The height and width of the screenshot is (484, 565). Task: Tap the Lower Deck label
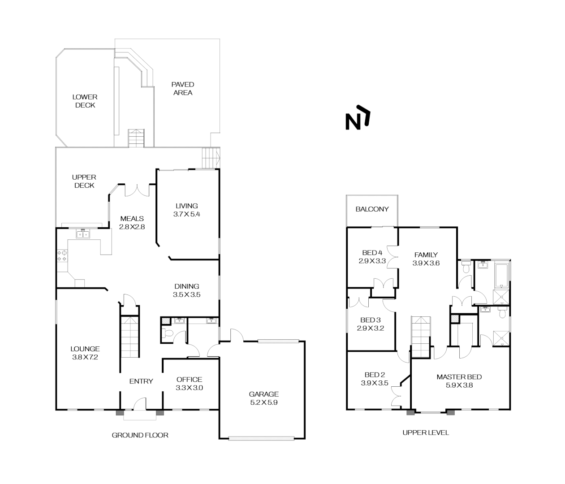[x=85, y=101]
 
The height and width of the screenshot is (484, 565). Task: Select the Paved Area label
[x=183, y=88]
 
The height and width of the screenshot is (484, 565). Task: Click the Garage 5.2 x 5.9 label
[x=264, y=398]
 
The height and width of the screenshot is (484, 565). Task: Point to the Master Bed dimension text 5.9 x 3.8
[x=459, y=385]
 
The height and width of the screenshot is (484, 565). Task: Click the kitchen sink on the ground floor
[x=83, y=233]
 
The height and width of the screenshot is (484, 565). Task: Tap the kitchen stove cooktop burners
[x=62, y=256]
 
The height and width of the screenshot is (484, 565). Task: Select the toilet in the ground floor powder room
[x=168, y=333]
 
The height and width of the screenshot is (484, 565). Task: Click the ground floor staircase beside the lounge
[x=130, y=337]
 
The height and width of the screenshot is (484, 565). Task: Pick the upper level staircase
[x=421, y=336]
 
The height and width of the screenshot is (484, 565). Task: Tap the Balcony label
[x=372, y=209]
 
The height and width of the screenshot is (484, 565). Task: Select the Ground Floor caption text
[x=140, y=435]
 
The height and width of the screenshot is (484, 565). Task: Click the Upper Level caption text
[x=425, y=432]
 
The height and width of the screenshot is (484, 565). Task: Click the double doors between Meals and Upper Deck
[x=137, y=190]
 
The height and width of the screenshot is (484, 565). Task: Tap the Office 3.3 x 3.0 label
[x=189, y=384]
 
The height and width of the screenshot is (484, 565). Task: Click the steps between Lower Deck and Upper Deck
[x=136, y=138]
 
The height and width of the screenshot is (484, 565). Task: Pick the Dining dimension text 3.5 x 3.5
[x=186, y=295]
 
